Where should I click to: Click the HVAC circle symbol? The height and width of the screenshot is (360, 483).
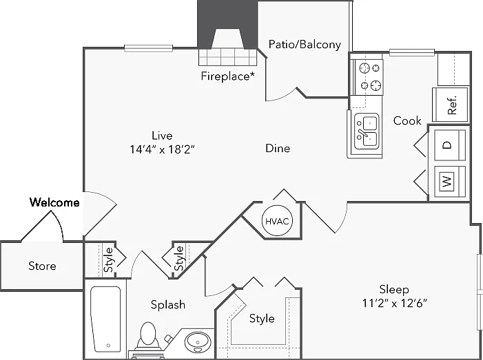coord(277,221)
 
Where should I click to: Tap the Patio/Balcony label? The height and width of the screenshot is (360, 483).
coord(305,45)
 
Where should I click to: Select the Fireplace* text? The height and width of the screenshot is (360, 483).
coord(228,76)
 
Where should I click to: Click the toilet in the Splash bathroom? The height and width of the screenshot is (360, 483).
coord(148,335)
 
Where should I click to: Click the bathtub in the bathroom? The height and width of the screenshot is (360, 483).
coord(105,319)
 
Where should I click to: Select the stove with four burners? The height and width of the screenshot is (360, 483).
coord(369,77)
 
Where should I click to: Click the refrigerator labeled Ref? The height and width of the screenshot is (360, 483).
coord(451,105)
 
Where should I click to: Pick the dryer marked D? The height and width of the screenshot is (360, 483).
coord(450,145)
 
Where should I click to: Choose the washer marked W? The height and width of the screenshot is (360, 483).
coord(450,181)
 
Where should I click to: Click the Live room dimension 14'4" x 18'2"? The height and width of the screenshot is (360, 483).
coord(163,149)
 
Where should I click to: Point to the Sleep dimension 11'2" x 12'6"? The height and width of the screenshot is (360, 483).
coord(395,304)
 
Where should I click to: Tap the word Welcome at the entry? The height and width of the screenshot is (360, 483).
coord(54,202)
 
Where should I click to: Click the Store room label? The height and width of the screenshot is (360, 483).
coord(42,266)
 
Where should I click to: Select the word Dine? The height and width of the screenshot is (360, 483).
coord(278,148)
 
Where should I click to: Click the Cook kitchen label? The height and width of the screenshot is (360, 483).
coord(407,120)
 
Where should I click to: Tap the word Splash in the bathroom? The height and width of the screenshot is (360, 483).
coord(168,305)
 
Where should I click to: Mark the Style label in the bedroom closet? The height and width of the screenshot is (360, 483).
coord(262,319)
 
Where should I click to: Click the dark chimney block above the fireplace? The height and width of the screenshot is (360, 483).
coord(227,24)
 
